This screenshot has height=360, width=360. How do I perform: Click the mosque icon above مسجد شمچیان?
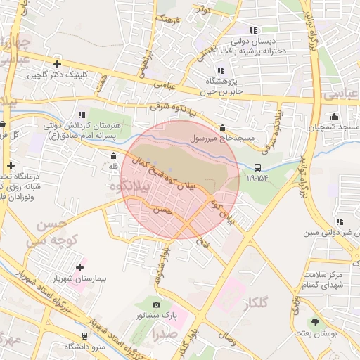point(335,116)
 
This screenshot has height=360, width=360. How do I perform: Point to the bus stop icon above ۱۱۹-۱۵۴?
point(258,167)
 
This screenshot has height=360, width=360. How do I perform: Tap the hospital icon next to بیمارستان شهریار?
point(79,267)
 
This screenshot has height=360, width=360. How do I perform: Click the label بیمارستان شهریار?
point(79,279)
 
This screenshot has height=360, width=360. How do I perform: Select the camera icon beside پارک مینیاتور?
point(156,305)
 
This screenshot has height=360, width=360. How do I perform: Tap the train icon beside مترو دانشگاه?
point(85,336)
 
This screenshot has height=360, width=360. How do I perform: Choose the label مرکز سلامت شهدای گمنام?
point(325,279)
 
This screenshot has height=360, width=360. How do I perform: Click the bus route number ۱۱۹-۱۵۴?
point(258,178)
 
